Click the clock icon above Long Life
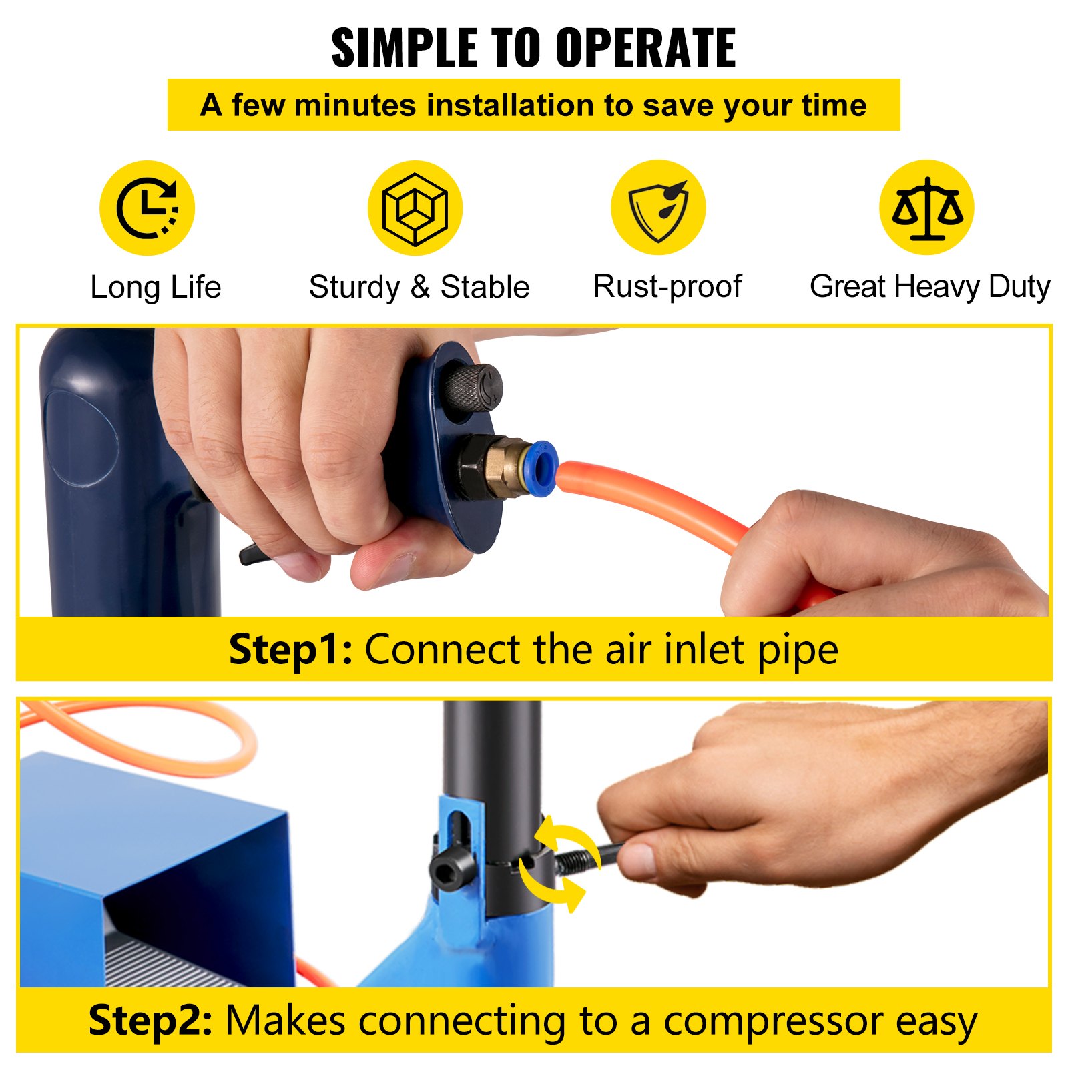[x=147, y=208]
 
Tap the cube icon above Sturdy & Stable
[x=415, y=208]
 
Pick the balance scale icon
[x=927, y=208]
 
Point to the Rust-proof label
[x=667, y=287]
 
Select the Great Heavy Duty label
[x=930, y=288]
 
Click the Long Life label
[x=156, y=288]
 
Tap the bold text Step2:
[x=151, y=1020]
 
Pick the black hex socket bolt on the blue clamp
[x=449, y=870]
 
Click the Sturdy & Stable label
[x=419, y=288]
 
